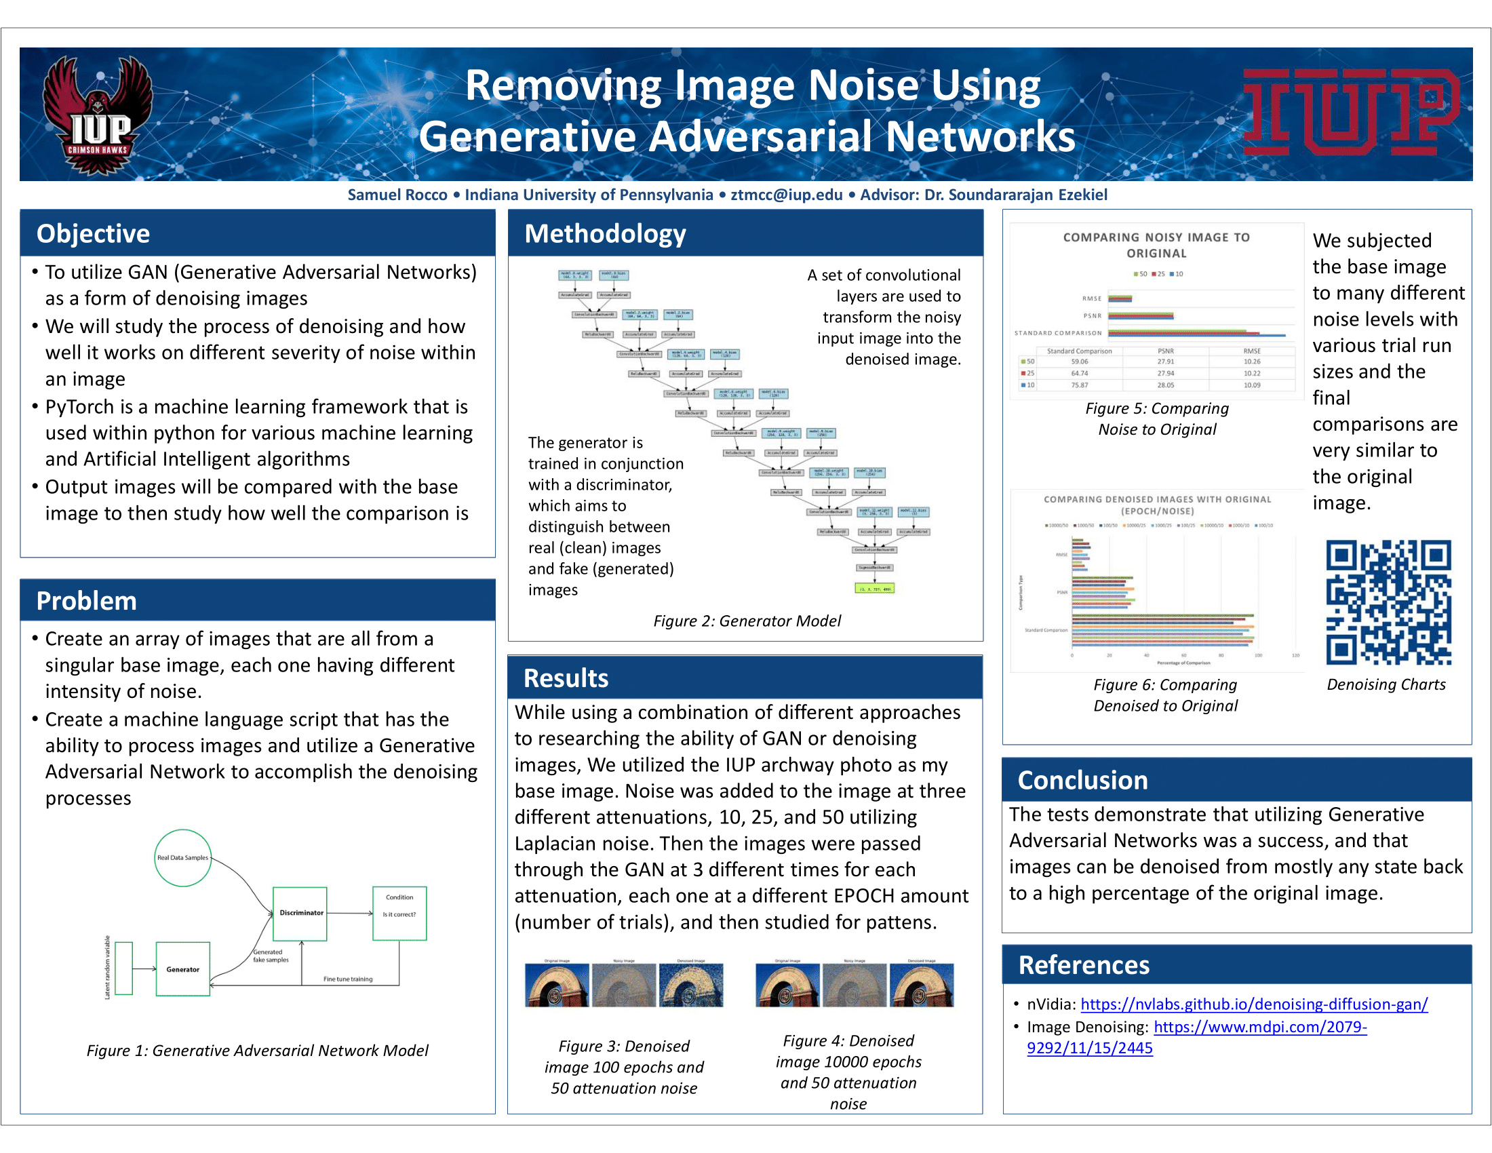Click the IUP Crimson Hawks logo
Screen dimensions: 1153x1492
click(98, 115)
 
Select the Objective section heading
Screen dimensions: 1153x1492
click(93, 233)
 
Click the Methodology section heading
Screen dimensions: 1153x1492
click(604, 233)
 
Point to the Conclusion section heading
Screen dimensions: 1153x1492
click(1082, 780)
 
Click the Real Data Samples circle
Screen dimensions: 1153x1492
click(182, 858)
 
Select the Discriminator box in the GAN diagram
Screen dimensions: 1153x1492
click(300, 914)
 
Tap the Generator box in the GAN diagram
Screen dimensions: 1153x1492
click(182, 969)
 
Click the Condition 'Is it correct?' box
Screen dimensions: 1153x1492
click(399, 914)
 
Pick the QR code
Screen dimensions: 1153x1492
click(1389, 602)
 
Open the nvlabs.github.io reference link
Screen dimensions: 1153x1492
click(1253, 1004)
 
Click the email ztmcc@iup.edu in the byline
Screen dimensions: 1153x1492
click(786, 195)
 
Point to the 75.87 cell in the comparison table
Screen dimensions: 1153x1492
click(1080, 385)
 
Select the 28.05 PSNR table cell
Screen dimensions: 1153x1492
click(1165, 385)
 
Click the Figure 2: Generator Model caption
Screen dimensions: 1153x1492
click(747, 621)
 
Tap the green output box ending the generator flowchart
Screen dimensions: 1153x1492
click(874, 588)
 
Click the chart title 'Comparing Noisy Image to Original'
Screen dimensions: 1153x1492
click(1156, 246)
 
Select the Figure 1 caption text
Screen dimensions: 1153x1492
click(258, 1051)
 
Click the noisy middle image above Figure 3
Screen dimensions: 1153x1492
click(624, 985)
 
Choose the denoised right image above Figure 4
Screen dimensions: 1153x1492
click(922, 985)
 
